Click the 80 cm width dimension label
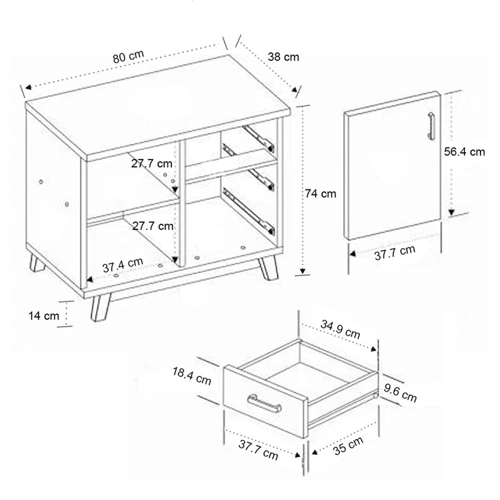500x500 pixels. (x=128, y=57)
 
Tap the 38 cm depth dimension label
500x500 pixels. (x=283, y=57)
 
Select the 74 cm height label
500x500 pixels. (x=320, y=193)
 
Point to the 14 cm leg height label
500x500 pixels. (x=44, y=316)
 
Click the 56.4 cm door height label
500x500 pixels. (x=464, y=152)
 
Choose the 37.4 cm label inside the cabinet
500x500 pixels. (x=123, y=264)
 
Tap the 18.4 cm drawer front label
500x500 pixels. (x=192, y=376)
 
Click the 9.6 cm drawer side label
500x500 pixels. (x=400, y=393)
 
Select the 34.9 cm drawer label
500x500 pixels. (x=340, y=329)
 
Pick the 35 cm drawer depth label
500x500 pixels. (x=348, y=446)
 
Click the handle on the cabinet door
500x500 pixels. (x=431, y=126)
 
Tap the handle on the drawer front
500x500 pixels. (x=264, y=403)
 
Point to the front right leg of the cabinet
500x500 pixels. (x=268, y=267)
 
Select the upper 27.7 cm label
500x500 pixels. (x=152, y=163)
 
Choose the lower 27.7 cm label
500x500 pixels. (x=153, y=226)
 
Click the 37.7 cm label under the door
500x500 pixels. (x=395, y=253)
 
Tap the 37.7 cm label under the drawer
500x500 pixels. (x=258, y=450)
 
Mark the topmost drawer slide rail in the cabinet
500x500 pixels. (x=258, y=138)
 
